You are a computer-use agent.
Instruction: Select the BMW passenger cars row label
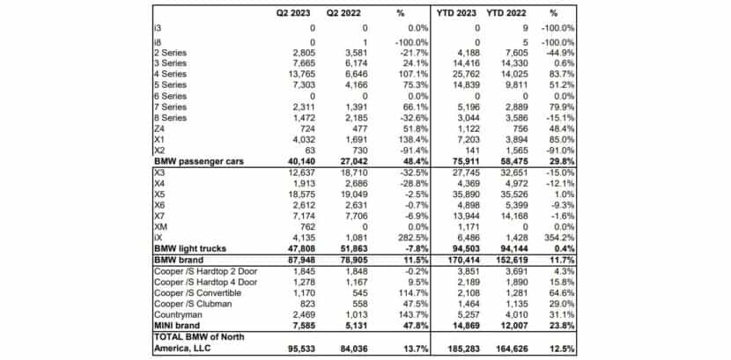coord(198,161)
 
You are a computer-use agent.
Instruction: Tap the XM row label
coord(159,225)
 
